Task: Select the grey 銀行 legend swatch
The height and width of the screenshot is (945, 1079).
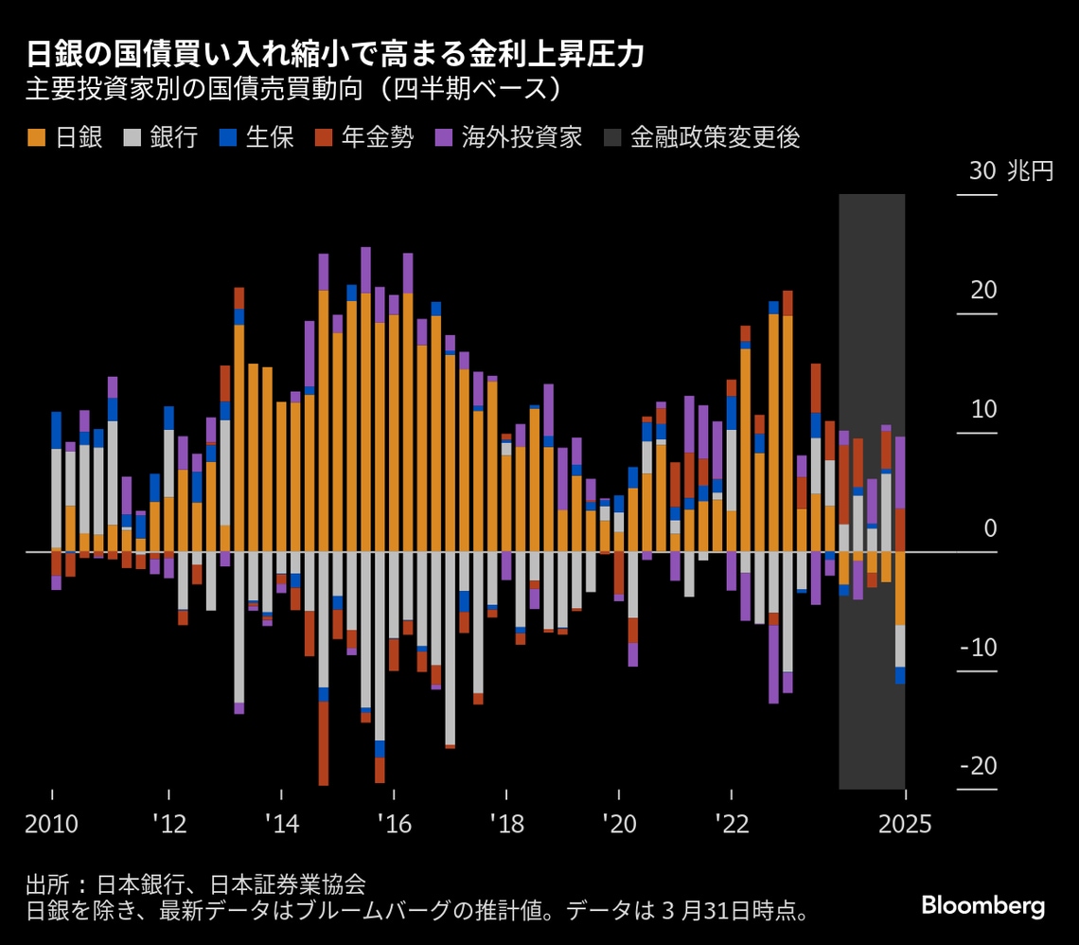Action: coord(133,138)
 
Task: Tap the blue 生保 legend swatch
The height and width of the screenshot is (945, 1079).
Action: coord(227,138)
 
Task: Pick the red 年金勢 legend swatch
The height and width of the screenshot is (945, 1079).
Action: coord(324,138)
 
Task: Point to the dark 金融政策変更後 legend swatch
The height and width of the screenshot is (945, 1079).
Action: coord(611,138)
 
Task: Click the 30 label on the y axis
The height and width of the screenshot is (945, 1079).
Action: coord(982,171)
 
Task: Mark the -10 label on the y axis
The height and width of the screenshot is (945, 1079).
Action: coord(977,648)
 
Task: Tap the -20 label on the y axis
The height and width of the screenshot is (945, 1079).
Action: coord(977,766)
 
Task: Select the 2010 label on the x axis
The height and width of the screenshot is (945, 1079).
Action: coord(51,825)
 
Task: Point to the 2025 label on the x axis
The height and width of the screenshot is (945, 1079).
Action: coord(905,825)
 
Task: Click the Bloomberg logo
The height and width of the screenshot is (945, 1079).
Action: coord(983,906)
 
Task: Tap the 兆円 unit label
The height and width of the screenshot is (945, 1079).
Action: coord(1029,171)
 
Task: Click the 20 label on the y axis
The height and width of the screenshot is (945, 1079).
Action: coord(982,291)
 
